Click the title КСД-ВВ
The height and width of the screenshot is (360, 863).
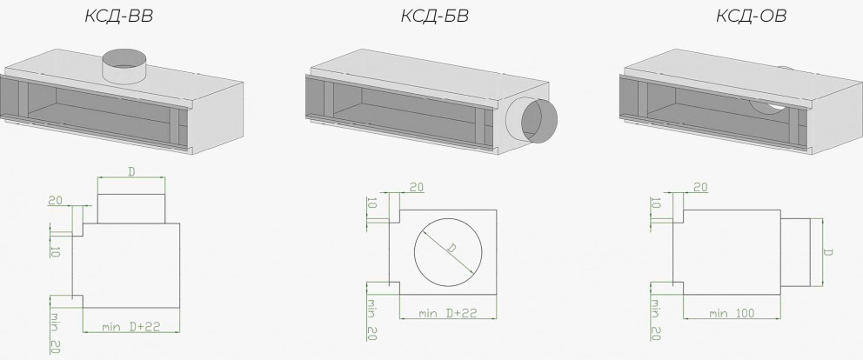tap(118, 16)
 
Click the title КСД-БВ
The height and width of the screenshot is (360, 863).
tap(434, 16)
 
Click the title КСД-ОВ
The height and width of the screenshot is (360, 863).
tap(751, 16)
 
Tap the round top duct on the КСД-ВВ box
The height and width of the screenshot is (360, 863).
tap(125, 66)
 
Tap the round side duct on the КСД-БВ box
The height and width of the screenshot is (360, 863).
tap(532, 120)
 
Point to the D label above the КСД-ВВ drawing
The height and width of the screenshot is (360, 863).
tap(131, 172)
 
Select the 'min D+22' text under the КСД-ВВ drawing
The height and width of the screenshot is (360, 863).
tap(131, 326)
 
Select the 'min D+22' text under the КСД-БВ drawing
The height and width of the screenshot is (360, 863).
tap(447, 313)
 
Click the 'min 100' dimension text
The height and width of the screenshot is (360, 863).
tap(732, 313)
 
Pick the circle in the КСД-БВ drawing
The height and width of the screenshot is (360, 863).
tap(448, 217)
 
